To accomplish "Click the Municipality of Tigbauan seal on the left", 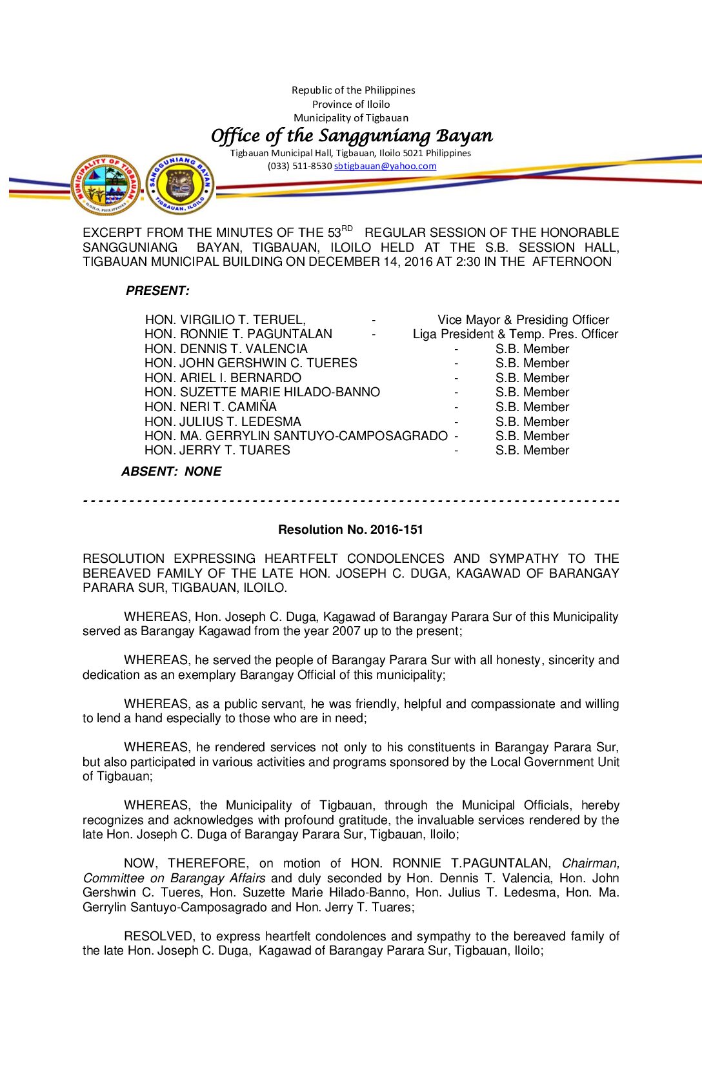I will [x=105, y=185].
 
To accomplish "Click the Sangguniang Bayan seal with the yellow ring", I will [x=180, y=184].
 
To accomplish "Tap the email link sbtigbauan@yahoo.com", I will [x=385, y=166].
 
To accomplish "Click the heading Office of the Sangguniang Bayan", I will [x=352, y=136].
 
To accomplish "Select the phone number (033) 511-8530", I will [x=299, y=166].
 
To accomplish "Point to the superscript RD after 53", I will [x=347, y=228].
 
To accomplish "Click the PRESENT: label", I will [x=157, y=291].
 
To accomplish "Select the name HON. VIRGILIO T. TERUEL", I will [x=225, y=319].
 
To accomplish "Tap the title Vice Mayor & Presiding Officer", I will [x=523, y=319].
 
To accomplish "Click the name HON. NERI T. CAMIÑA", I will [x=210, y=407].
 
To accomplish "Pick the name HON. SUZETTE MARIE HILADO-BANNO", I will [x=262, y=392].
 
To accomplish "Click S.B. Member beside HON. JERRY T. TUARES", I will [x=532, y=451].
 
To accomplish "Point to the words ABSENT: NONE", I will [x=171, y=472].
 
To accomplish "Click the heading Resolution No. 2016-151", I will [x=350, y=530].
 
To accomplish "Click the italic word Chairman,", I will [x=590, y=864].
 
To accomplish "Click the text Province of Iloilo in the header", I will [x=351, y=105].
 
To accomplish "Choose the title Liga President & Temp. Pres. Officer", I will [x=515, y=334].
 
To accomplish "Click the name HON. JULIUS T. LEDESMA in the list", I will [x=223, y=421].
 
